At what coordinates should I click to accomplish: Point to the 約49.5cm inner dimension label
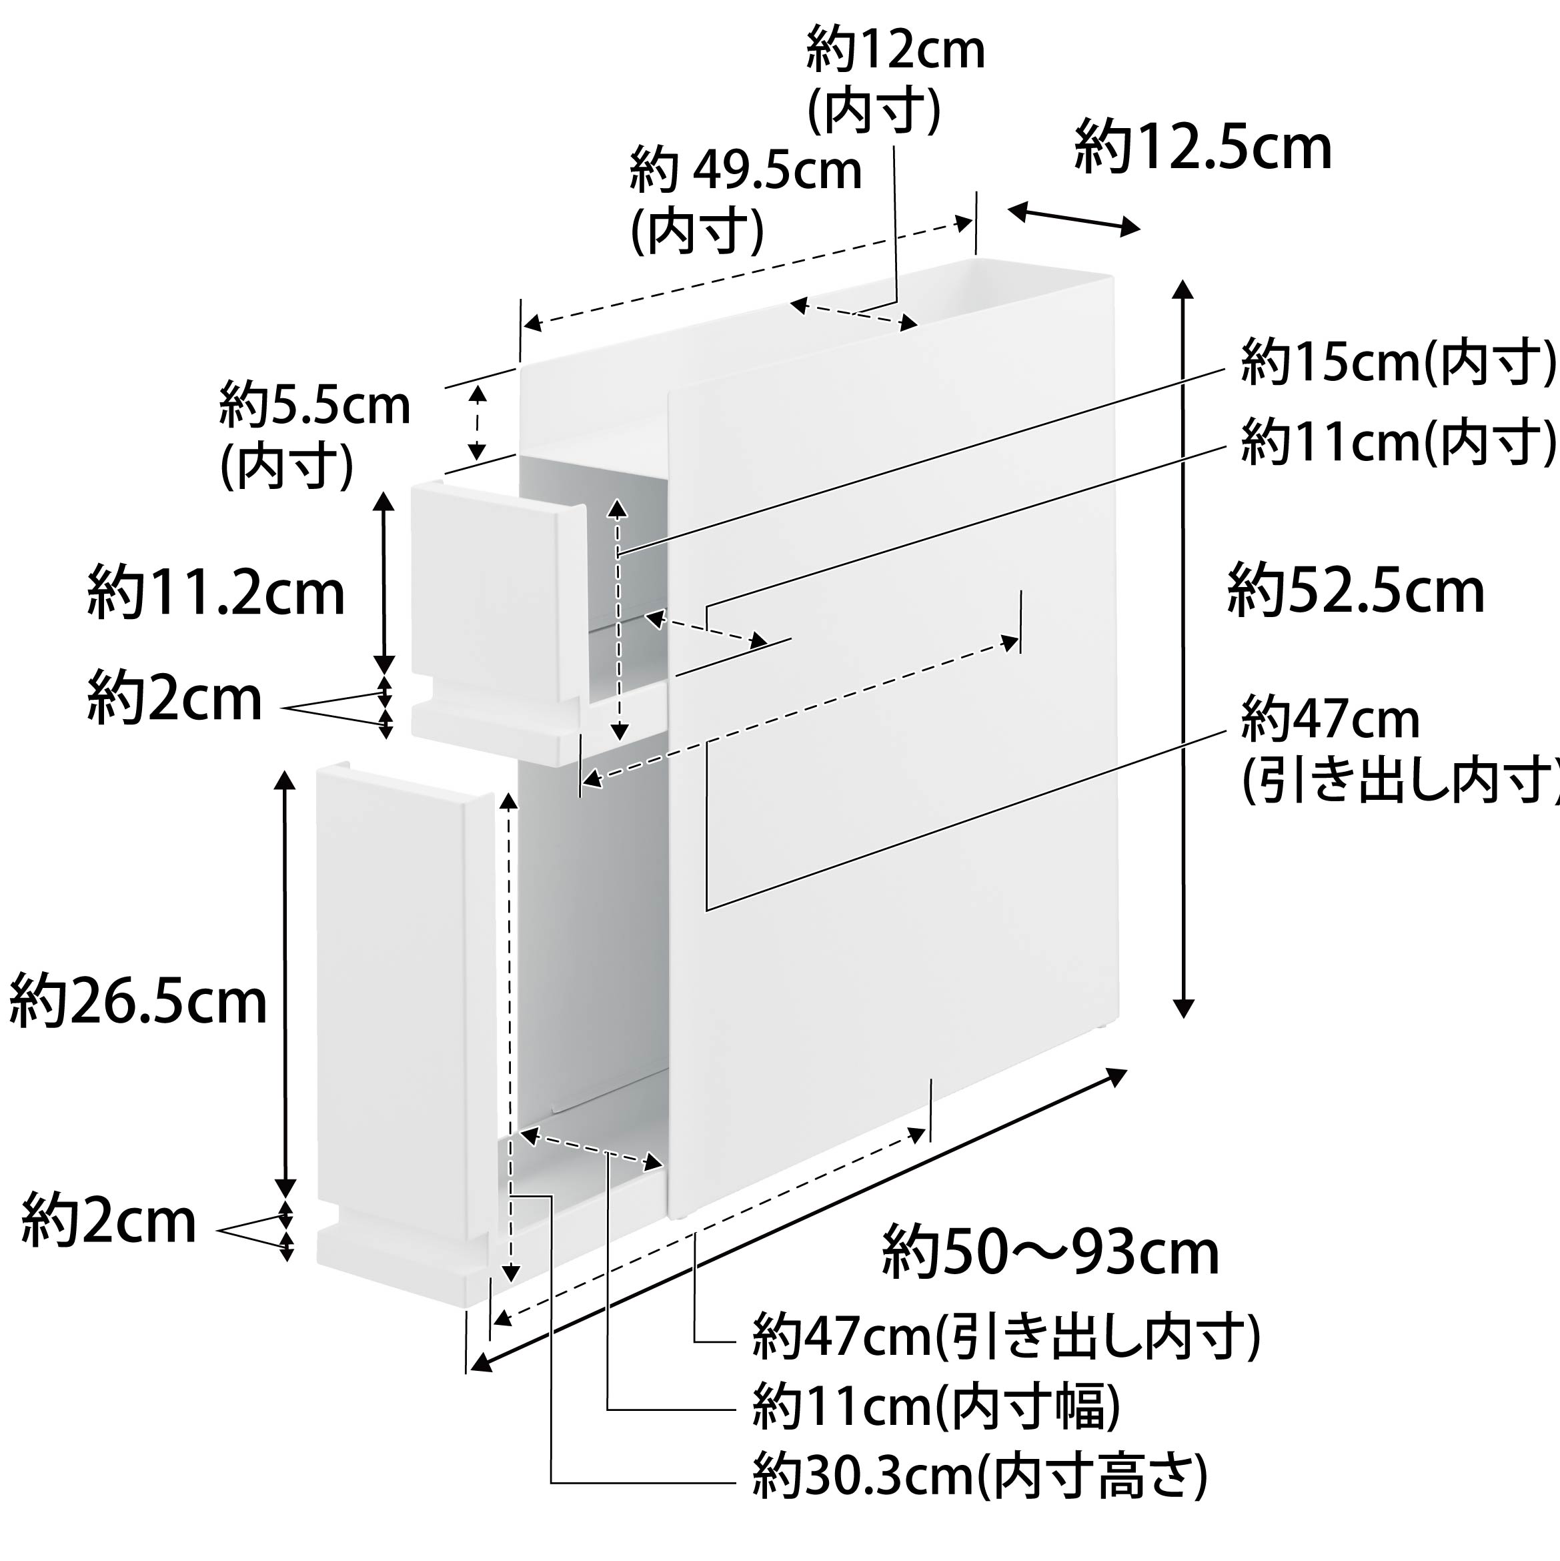coord(746,198)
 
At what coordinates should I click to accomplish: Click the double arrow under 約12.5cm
coord(1074,219)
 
